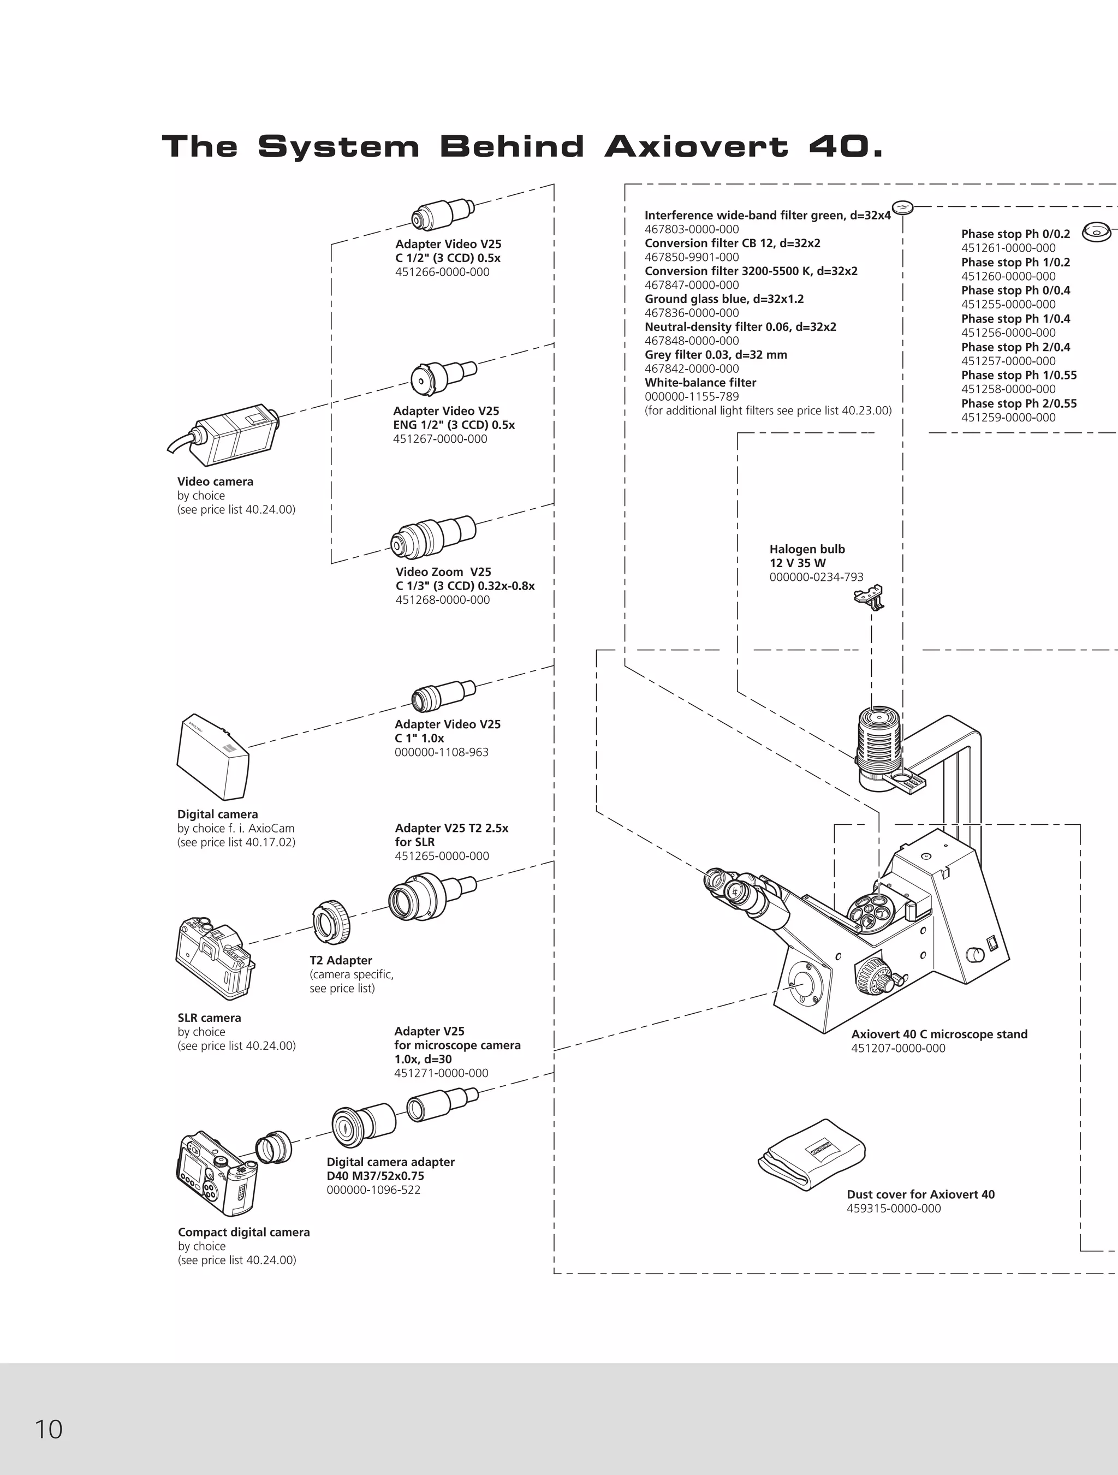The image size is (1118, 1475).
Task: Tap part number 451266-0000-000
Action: (442, 272)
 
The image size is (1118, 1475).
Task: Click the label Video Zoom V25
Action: (443, 572)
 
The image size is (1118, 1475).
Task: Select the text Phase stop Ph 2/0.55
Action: (1019, 403)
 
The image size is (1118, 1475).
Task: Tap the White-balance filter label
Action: (700, 383)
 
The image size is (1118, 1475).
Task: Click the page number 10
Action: (48, 1430)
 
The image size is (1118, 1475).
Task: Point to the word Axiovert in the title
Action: (697, 147)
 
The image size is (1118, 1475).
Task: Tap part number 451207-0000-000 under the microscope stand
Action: (898, 1048)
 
